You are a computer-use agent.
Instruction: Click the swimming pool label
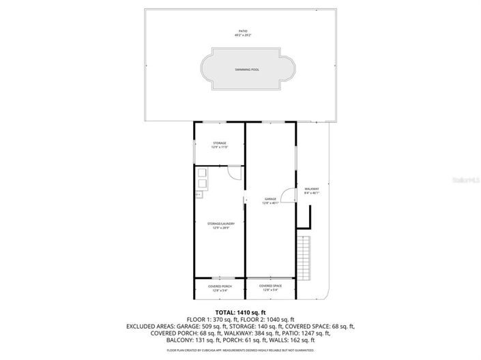247,70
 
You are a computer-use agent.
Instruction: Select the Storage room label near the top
219,142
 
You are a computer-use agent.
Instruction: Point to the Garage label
270,198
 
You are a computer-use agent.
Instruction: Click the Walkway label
312,189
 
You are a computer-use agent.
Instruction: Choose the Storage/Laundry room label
219,223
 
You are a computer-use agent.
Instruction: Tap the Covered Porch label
220,286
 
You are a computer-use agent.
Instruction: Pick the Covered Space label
270,286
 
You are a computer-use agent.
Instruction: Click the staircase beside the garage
306,256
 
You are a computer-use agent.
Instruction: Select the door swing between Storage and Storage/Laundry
234,172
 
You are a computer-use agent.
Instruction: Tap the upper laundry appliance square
203,173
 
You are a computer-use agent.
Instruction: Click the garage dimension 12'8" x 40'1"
270,202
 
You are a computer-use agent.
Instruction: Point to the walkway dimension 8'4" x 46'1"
312,193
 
